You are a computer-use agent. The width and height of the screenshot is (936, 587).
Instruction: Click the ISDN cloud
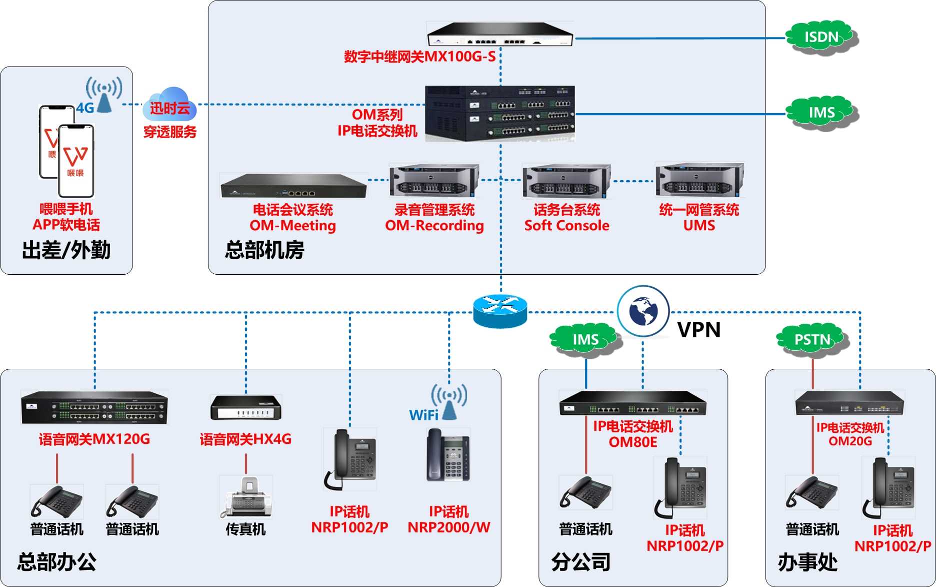pos(821,38)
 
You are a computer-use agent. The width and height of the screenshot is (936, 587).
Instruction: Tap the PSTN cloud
pos(812,340)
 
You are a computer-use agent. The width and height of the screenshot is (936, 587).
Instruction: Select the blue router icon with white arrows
pos(500,311)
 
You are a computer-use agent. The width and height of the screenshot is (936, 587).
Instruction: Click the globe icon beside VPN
pos(643,311)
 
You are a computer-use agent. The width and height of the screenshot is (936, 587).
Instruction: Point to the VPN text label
pos(699,330)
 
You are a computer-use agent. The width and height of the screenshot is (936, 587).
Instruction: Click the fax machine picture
pos(246,497)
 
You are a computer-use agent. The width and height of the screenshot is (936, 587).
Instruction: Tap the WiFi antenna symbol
pos(449,402)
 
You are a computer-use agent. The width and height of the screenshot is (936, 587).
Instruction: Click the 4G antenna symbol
pos(104,95)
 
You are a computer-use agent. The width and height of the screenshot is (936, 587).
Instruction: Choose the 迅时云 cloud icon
pos(170,104)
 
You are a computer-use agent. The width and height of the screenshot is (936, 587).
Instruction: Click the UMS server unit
pos(699,180)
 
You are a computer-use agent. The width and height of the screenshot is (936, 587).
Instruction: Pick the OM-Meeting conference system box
pos(293,186)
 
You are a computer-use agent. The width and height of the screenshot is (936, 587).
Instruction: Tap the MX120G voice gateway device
pos(94,407)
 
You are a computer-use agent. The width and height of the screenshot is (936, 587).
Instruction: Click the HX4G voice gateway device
pos(246,407)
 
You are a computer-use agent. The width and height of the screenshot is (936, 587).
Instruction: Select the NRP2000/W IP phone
pos(448,455)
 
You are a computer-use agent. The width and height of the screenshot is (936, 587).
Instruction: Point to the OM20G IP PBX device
pos(849,403)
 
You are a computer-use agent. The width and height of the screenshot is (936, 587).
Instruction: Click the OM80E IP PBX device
pos(632,403)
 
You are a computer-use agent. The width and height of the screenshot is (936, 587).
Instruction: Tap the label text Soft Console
pos(567,226)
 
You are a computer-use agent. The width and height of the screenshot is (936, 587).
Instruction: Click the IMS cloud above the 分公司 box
pos(585,340)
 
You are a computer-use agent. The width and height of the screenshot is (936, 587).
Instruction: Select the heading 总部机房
pos(264,250)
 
